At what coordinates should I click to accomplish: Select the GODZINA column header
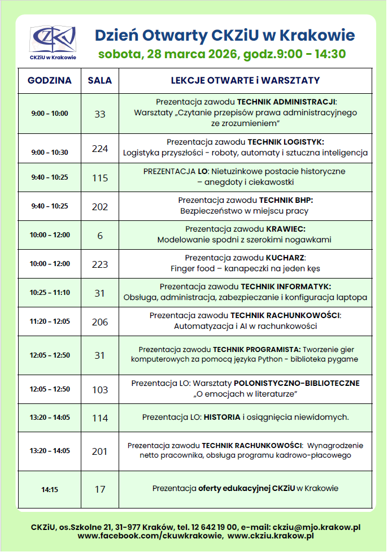(50, 81)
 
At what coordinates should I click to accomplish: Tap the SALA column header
(100, 81)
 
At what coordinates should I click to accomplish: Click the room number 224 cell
(100, 149)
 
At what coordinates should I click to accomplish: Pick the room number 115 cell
(100, 178)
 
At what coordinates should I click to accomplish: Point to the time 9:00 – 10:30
(50, 152)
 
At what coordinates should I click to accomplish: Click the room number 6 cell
(100, 235)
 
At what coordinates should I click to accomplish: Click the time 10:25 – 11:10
(50, 293)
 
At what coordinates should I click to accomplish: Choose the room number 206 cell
(100, 321)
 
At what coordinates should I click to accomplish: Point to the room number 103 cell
(100, 389)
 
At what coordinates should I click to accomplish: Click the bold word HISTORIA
(222, 418)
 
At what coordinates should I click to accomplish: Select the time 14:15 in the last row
(50, 489)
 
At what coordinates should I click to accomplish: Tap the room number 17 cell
(100, 489)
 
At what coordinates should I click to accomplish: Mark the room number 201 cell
(100, 451)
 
